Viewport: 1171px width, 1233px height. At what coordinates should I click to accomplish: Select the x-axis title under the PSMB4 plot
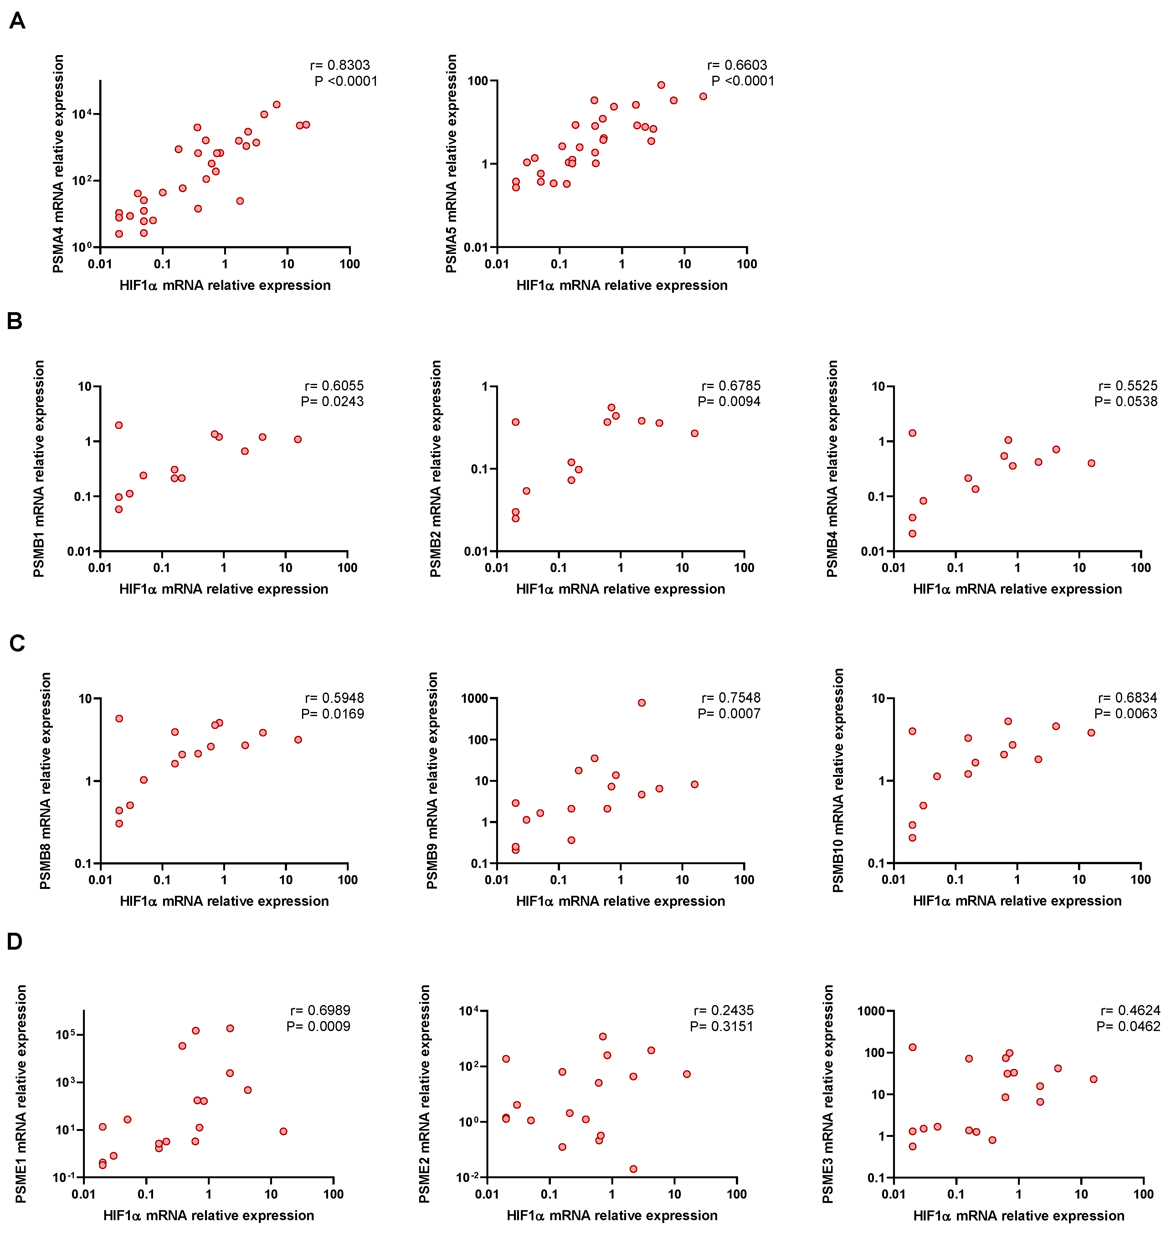click(x=1017, y=589)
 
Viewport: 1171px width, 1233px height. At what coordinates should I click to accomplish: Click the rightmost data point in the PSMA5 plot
click(x=703, y=96)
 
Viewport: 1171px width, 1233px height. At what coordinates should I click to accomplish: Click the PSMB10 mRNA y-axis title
click(x=838, y=780)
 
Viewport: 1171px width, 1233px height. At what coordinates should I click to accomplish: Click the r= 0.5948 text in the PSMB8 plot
click(x=334, y=698)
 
